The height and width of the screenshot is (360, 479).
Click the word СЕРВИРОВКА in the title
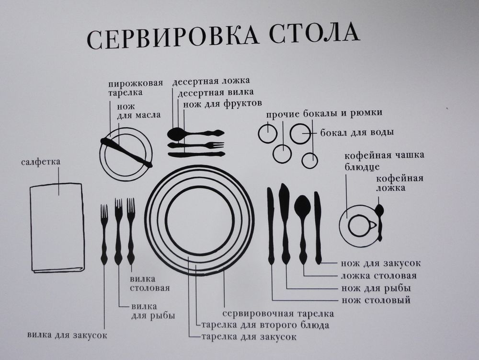click(172, 37)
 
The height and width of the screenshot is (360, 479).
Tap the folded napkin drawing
click(57, 227)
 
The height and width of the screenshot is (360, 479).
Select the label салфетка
click(41, 162)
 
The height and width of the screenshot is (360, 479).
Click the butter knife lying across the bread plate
click(126, 151)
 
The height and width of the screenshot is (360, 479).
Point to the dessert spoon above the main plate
click(195, 133)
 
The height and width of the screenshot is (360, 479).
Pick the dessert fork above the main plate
click(196, 145)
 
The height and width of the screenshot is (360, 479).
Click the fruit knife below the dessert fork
click(197, 154)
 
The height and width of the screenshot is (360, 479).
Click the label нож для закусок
click(381, 263)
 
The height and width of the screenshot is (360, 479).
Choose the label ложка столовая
click(378, 275)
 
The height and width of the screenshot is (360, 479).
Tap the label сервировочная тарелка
click(278, 313)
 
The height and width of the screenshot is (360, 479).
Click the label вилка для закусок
click(67, 335)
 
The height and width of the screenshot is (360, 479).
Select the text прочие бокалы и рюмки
click(324, 114)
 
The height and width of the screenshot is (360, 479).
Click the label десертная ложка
click(211, 81)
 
